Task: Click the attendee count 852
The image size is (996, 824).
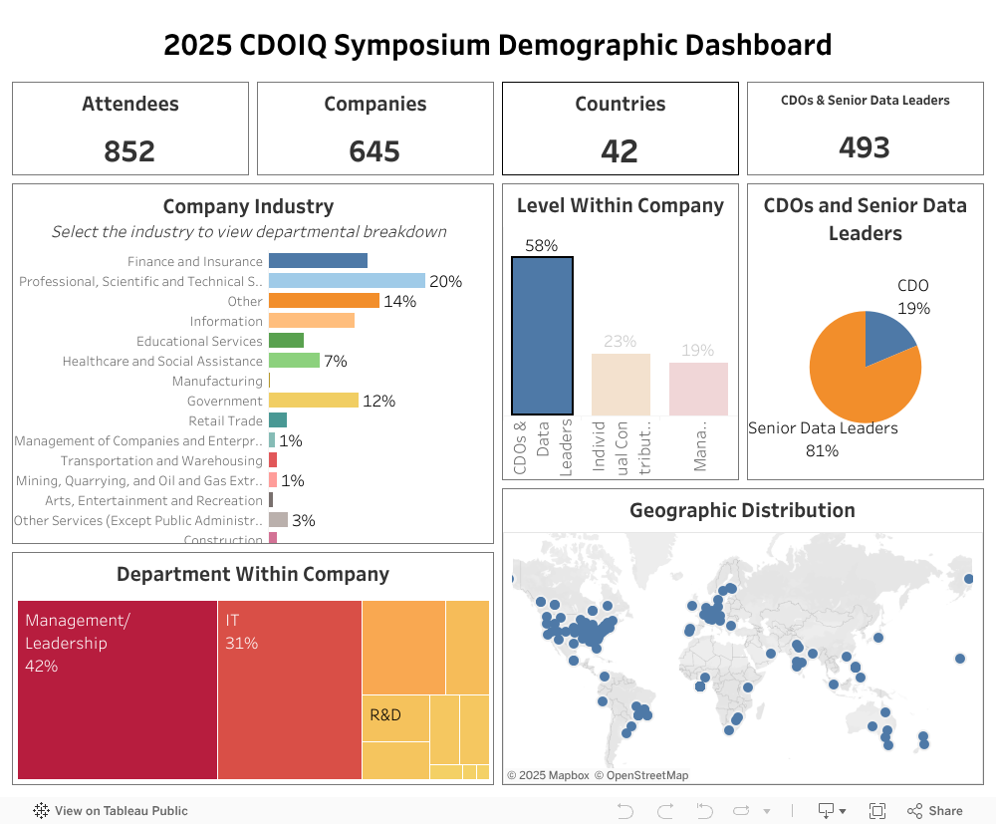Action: pos(129,150)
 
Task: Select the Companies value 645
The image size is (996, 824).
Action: pos(374,150)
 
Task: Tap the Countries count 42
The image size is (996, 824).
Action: pos(620,150)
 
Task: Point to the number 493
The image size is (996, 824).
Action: pos(864,147)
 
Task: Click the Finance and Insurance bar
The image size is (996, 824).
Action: pos(318,261)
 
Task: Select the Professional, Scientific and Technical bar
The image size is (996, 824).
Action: pos(347,281)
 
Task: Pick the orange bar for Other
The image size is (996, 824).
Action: pos(324,301)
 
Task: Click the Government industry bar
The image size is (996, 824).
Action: pos(313,401)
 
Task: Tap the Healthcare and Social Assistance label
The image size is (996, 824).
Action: pos(162,361)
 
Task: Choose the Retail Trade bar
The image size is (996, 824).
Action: pos(278,420)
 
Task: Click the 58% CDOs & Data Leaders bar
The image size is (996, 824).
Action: pos(542,336)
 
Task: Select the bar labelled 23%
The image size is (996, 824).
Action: pos(621,384)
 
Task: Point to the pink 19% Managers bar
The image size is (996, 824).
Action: pos(698,389)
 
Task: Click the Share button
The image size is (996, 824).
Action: pos(935,811)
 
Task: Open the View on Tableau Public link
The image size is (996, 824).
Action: pos(111,811)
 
